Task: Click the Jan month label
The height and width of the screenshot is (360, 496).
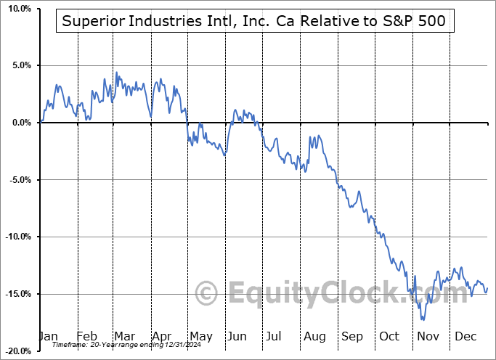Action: [49, 336]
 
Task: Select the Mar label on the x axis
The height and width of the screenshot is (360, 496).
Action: [124, 336]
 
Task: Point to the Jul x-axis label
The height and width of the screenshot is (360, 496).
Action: [275, 336]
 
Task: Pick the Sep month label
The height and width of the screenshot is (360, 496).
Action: [351, 336]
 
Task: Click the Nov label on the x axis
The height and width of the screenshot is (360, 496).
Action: [427, 336]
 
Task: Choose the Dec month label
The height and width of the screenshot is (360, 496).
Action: [465, 336]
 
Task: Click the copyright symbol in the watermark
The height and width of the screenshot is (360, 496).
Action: [208, 294]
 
